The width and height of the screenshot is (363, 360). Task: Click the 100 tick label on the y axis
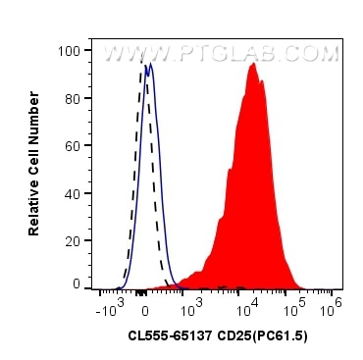tap(70, 48)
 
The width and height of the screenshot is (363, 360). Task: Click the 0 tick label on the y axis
tap(77, 283)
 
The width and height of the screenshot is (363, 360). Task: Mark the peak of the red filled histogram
tap(253, 64)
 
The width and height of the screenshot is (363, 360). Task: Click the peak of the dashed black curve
tap(139, 68)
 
